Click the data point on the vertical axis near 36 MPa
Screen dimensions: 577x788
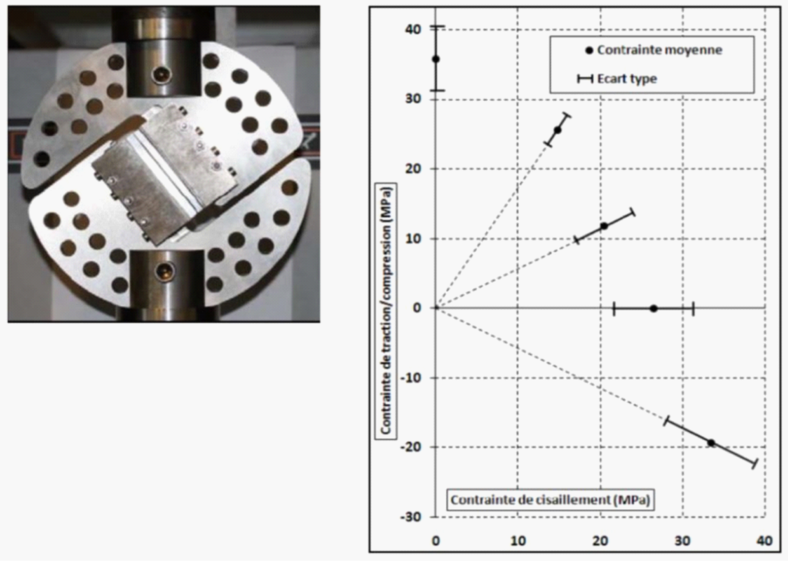click(436, 59)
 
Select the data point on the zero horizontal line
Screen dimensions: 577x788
click(654, 308)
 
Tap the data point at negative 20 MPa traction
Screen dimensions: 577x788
click(711, 443)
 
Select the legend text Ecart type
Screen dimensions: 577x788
click(627, 79)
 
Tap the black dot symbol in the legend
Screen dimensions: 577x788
click(589, 50)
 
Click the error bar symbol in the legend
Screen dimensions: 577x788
click(585, 79)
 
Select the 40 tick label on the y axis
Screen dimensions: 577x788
click(413, 29)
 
